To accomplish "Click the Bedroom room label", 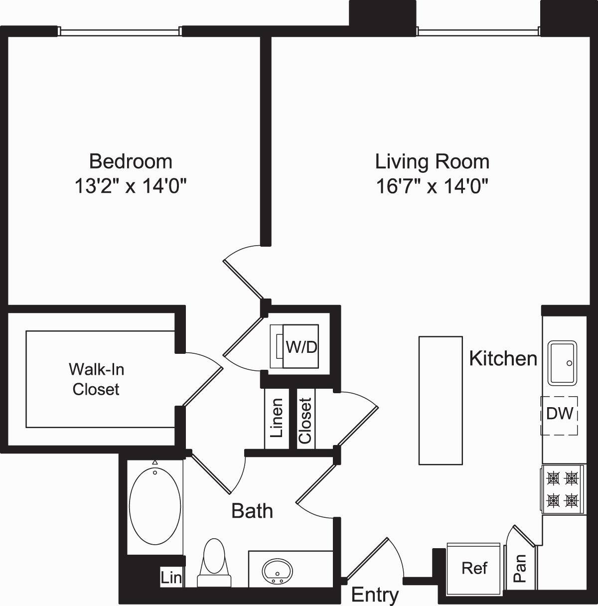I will coord(131,161).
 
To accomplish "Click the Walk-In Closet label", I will coord(96,379).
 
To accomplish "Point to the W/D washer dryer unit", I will coord(300,346).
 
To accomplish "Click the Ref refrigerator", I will coord(474,568).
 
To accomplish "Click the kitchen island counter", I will coord(441,400).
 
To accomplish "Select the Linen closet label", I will coord(277,418).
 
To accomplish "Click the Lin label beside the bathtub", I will coord(171,578).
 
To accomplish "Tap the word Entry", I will coord(375,595).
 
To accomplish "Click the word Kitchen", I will coord(503,358).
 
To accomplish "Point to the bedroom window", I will coord(119,31).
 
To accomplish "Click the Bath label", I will coord(252,511).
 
